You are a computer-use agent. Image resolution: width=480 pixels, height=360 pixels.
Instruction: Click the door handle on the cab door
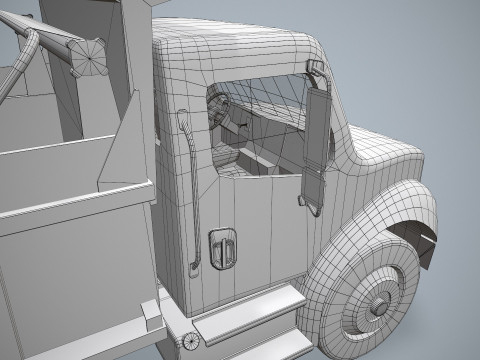tap(222, 249)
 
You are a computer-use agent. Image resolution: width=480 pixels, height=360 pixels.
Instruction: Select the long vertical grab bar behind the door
tap(190, 190)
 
